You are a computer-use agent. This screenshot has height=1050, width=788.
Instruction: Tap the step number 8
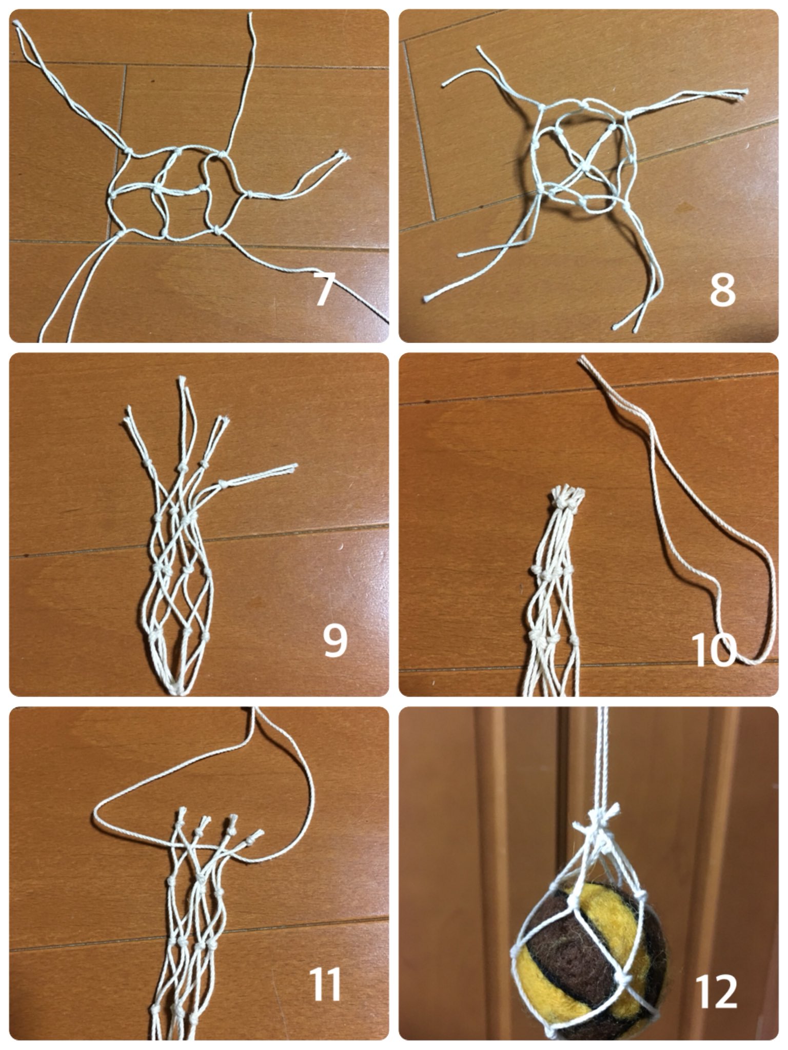tap(722, 290)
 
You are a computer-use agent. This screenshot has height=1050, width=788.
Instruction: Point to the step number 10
tap(714, 650)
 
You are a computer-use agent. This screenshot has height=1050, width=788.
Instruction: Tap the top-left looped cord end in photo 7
tap(17, 25)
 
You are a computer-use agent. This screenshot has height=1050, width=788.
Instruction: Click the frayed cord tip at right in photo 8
tap(742, 93)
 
